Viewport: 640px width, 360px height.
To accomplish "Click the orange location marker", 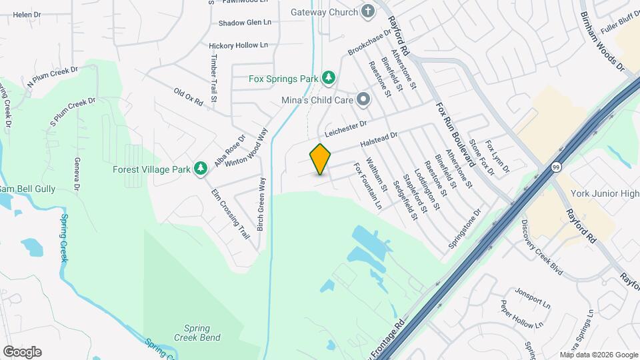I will (321, 159).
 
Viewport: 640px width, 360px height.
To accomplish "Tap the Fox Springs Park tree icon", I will (328, 79).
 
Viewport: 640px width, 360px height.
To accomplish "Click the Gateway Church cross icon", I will (367, 11).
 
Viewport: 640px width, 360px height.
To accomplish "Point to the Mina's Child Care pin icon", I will (363, 100).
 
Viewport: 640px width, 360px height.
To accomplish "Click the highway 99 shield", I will (556, 168).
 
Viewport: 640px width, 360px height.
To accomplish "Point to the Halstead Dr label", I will (379, 140).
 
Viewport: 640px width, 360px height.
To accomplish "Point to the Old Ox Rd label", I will (187, 97).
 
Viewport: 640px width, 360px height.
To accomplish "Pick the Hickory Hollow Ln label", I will (238, 45).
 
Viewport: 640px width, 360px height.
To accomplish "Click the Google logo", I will (22, 351).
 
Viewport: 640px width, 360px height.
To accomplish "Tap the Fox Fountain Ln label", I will (367, 187).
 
